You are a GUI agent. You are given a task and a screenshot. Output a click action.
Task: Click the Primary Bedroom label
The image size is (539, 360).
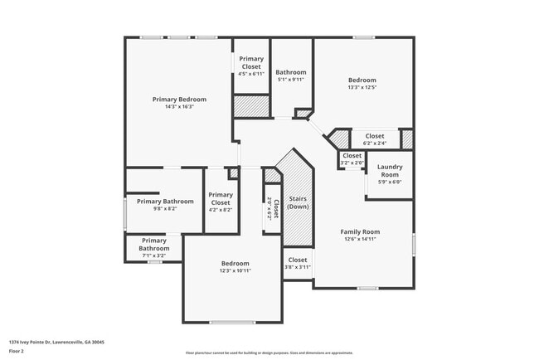coord(179,100)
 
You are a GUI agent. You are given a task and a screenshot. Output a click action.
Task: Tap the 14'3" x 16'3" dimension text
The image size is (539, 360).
coord(179,107)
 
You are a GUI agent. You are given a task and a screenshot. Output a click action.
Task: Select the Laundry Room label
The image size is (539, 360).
coord(390,171)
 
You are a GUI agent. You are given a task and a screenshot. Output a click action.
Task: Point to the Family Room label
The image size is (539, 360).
coord(360,231)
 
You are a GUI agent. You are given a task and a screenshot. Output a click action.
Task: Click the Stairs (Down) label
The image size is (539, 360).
coord(297,202)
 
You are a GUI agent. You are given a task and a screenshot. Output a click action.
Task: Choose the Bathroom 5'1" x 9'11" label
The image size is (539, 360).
coord(290,72)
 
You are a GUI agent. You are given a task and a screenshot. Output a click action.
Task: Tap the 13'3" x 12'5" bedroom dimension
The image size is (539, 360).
coord(362,87)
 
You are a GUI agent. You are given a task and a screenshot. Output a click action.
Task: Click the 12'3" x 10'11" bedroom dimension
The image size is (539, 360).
coord(236,270)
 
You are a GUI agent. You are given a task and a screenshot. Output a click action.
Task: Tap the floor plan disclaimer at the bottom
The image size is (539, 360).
coord(269,352)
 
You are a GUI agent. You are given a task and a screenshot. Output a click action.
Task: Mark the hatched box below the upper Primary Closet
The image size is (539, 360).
coord(251,106)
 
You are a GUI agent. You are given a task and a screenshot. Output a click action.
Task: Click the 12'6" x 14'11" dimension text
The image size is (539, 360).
coord(360,239)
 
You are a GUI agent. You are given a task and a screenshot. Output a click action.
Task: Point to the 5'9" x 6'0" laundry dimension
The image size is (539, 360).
coord(390,182)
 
